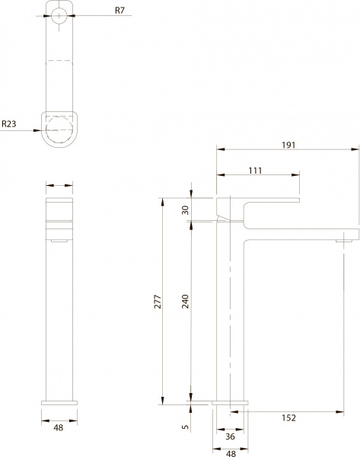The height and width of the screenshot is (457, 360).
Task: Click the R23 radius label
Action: [11, 123]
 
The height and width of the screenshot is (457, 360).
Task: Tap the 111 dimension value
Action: [255, 171]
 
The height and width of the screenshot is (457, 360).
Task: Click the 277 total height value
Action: [158, 304]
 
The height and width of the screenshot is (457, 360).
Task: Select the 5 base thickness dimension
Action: [184, 428]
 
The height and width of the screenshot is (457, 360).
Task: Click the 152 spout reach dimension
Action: [288, 417]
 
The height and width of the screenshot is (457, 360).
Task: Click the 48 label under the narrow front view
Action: [60, 428]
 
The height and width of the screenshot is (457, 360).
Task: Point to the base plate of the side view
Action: [232, 403]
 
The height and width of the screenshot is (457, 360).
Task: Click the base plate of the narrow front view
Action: [60, 403]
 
